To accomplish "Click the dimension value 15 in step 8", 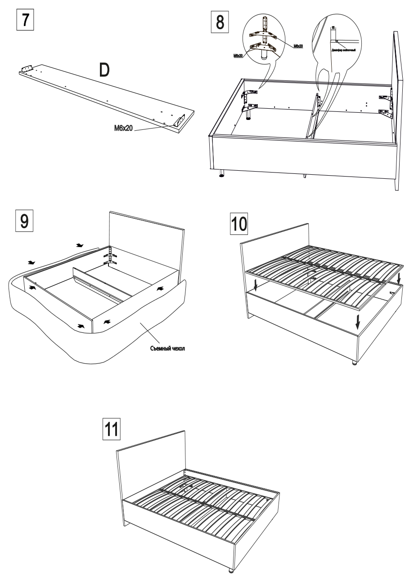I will pos(333,28).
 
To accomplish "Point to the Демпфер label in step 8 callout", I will pos(344,50).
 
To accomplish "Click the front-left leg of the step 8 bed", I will pos(220,173).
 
